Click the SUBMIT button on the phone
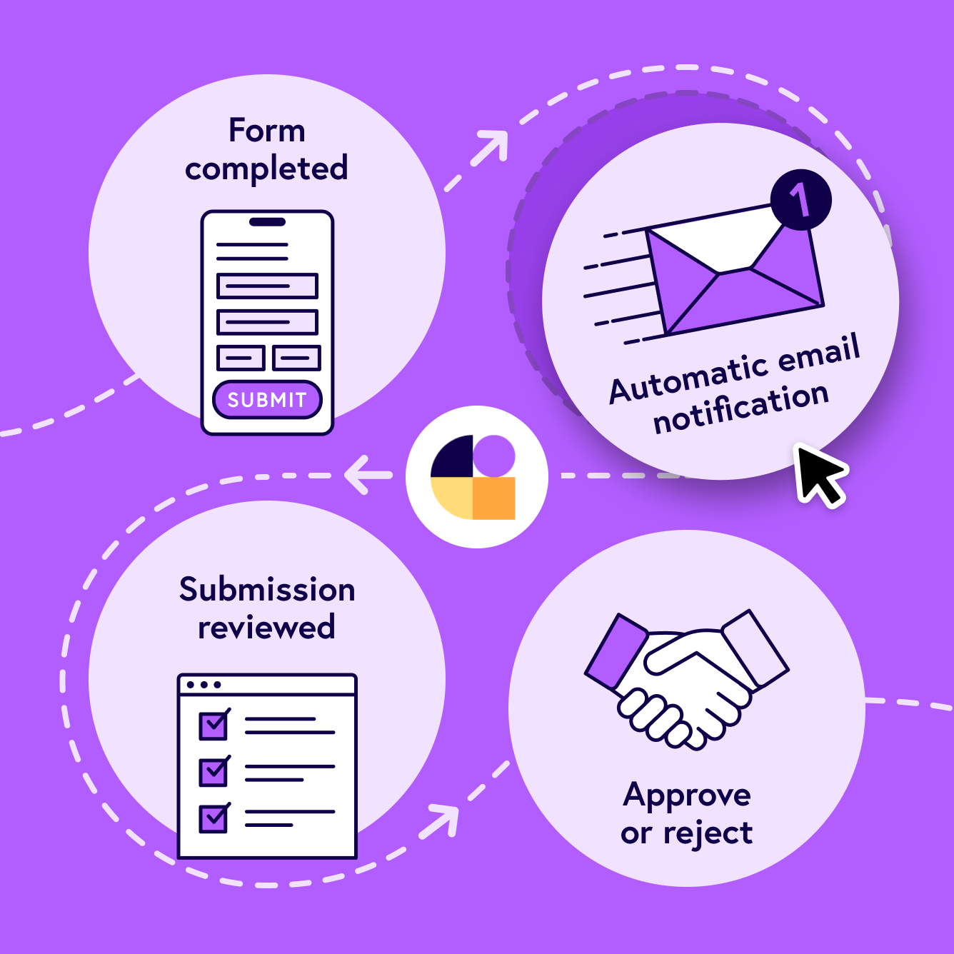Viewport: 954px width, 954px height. pyautogui.click(x=267, y=400)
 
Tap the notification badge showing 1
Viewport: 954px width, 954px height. pyautogui.click(x=801, y=199)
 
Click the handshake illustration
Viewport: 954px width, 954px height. pyautogui.click(x=686, y=678)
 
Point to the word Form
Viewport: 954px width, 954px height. pyautogui.click(x=267, y=131)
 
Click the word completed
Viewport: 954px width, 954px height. pyautogui.click(x=266, y=169)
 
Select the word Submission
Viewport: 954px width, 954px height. pyautogui.click(x=267, y=590)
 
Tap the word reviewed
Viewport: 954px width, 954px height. pyautogui.click(x=266, y=628)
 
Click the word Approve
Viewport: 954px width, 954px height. pyautogui.click(x=687, y=795)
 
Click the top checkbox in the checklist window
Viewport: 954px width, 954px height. pyautogui.click(x=214, y=725)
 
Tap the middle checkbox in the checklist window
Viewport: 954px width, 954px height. pyautogui.click(x=214, y=772)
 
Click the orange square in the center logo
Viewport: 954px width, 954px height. pyautogui.click(x=493, y=498)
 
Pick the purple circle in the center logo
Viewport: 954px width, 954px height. pyautogui.click(x=493, y=456)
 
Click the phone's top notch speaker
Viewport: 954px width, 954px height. pyautogui.click(x=267, y=222)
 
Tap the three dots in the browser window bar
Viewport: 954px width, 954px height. pyautogui.click(x=204, y=685)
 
